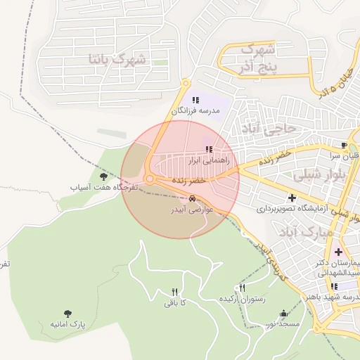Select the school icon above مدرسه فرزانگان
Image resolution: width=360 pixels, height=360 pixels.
point(196,100)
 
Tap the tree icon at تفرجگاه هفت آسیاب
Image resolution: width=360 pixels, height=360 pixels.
point(104,176)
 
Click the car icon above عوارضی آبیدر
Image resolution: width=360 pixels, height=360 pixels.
point(193,198)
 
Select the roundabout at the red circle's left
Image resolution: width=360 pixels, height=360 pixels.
point(150,180)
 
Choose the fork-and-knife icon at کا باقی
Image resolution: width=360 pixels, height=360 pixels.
point(174,292)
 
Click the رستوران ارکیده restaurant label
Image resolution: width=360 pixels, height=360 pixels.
point(243,299)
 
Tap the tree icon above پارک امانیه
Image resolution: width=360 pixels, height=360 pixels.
point(68,314)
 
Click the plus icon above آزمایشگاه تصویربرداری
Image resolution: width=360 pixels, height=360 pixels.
point(292,198)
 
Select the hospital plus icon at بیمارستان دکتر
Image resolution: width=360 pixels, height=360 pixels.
point(339,252)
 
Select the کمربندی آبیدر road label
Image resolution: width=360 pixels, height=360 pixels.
point(270,259)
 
